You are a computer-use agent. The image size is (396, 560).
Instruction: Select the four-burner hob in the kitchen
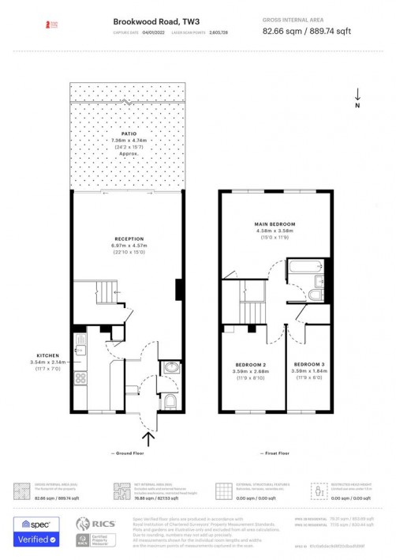80,378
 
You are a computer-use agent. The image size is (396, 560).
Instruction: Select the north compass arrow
357,95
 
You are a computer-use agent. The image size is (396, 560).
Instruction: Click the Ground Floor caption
129,454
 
